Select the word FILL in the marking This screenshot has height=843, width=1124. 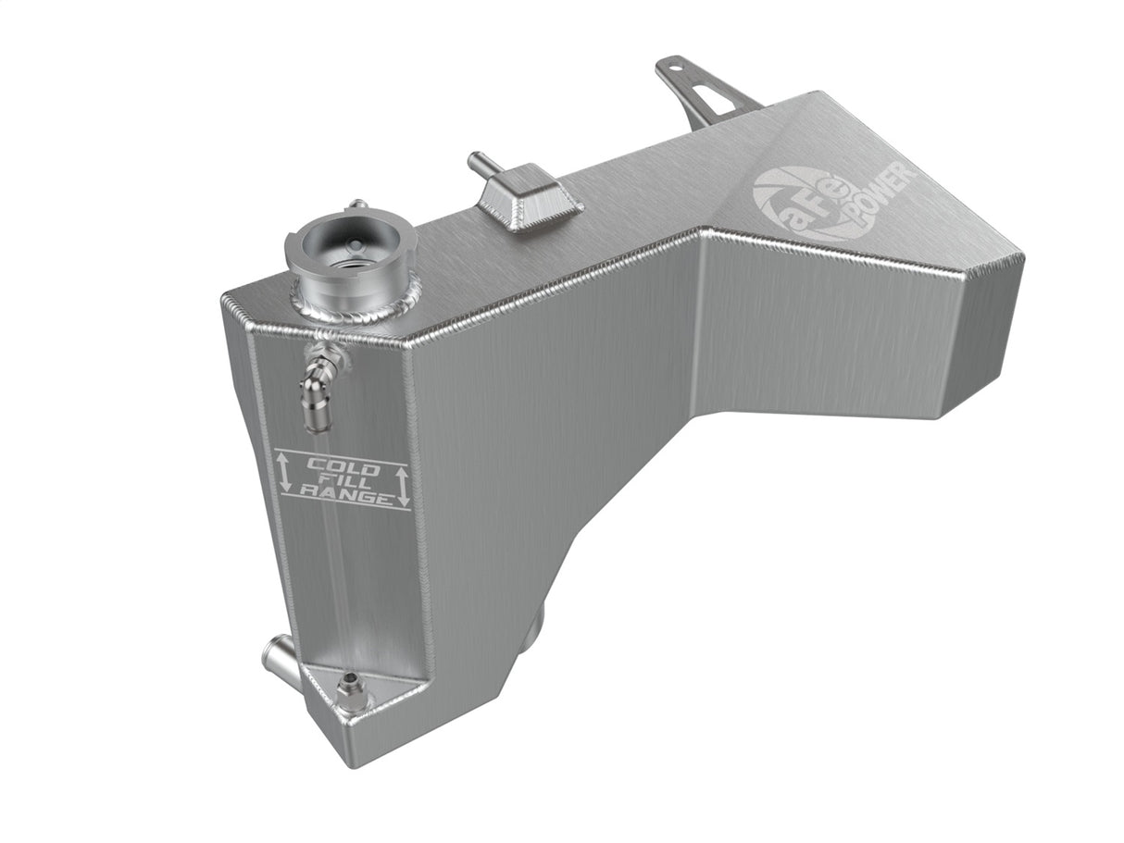pyautogui.click(x=344, y=481)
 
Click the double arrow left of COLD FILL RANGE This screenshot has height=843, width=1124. pyautogui.click(x=284, y=471)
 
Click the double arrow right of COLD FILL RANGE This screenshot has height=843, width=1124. pyautogui.click(x=402, y=486)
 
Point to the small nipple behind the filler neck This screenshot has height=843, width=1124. pyautogui.click(x=356, y=205)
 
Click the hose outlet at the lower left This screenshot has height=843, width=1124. pyautogui.click(x=278, y=660)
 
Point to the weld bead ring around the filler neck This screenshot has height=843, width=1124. pyautogui.click(x=356, y=306)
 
